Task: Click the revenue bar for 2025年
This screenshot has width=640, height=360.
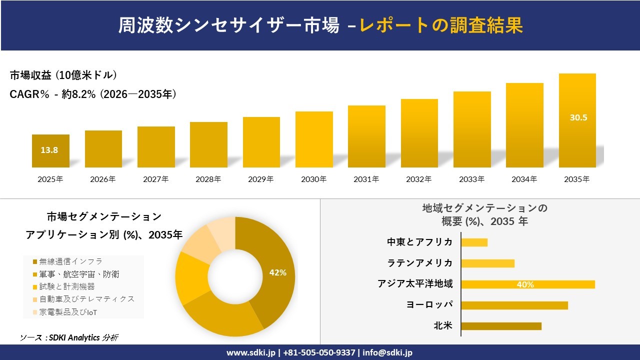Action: [x=50, y=151]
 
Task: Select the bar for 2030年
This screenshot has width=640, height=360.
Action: [x=314, y=139]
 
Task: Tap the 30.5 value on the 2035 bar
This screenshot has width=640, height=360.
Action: [x=578, y=118]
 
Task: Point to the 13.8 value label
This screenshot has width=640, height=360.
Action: [x=49, y=149]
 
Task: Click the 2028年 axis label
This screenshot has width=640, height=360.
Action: [x=208, y=179]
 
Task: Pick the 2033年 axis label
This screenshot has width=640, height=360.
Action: [x=472, y=179]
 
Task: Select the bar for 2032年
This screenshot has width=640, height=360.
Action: [x=419, y=133]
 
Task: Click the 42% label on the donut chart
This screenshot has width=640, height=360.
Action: [x=277, y=272]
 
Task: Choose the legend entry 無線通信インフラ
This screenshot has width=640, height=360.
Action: [x=70, y=261]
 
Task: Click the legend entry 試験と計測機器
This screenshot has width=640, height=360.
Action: [x=66, y=286]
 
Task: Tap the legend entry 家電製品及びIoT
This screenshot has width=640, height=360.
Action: [x=68, y=312]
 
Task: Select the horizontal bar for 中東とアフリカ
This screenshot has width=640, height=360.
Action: [x=474, y=242]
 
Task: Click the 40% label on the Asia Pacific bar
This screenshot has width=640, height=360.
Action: [x=525, y=284]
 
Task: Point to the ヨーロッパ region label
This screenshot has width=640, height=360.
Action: [x=429, y=304]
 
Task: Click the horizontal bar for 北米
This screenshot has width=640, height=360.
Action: [x=501, y=326]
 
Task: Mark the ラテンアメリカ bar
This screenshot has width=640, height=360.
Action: [x=487, y=263]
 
